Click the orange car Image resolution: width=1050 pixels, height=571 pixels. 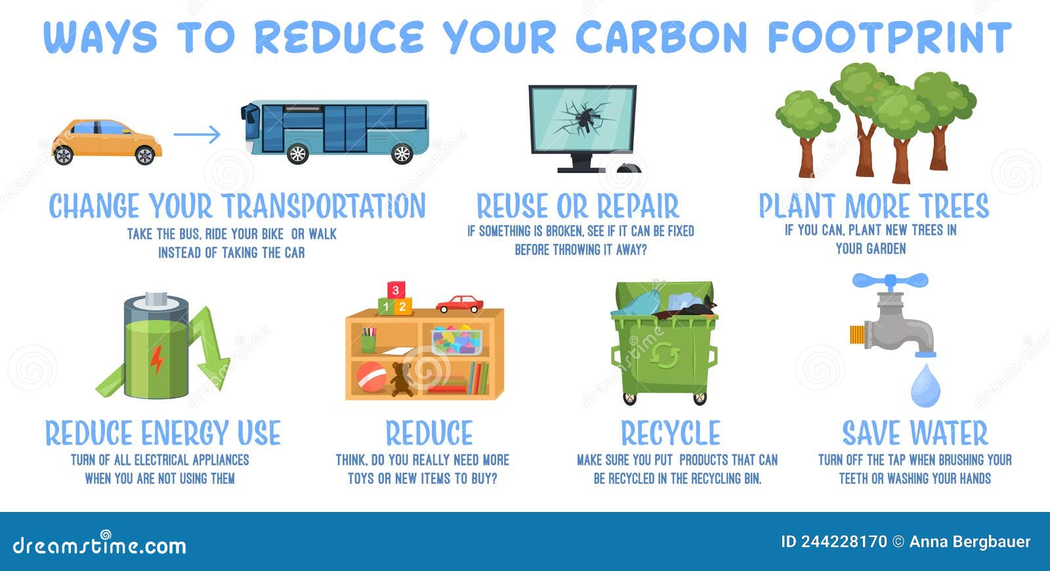click(107, 142)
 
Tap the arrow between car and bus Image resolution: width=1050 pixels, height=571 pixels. click(197, 134)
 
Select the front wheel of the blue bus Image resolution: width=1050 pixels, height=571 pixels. click(297, 153)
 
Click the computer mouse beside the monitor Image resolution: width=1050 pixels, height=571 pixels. click(629, 168)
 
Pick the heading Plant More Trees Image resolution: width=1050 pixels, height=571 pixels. click(873, 206)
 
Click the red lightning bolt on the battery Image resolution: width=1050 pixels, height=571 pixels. click(157, 360)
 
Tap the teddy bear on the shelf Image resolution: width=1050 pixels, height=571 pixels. click(402, 379)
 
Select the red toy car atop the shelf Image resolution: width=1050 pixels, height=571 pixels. click(459, 304)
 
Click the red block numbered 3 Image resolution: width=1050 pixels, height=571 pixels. click(396, 290)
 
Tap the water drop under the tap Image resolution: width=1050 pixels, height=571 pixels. click(925, 386)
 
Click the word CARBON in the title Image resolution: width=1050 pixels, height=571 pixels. click(661, 37)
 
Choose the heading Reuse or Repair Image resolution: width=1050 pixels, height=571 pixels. click(577, 206)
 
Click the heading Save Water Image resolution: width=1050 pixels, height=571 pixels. click(915, 433)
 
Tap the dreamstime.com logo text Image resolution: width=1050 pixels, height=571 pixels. click(99, 544)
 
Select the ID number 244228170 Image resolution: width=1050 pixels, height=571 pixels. click(844, 542)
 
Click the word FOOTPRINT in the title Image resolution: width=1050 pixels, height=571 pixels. click(890, 37)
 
